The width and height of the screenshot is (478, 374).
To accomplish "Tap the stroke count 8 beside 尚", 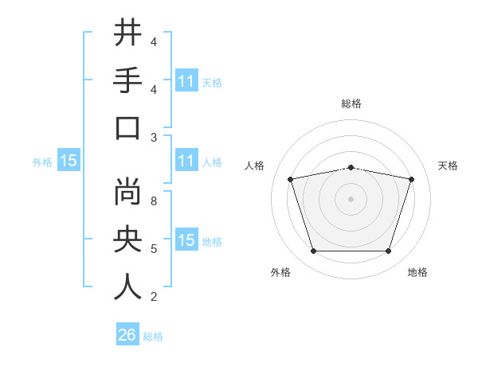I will coord(154,201).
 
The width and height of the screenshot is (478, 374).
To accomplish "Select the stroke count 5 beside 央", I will coord(154,249).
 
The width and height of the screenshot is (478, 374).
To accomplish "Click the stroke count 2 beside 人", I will coord(154,297).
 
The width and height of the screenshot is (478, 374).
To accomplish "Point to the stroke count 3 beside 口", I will coord(154,137).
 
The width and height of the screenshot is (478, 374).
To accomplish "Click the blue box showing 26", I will coord(127,335).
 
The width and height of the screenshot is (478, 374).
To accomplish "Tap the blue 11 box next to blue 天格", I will coord(186,80).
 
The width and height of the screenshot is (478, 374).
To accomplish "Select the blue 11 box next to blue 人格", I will coord(186,161).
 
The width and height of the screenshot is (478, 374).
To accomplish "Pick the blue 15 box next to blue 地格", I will coord(186,240).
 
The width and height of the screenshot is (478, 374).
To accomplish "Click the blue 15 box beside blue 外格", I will coord(69,161).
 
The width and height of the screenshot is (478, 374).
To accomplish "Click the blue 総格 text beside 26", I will coord(153,337).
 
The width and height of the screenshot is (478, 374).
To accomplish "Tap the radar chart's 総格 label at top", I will coord(351,103).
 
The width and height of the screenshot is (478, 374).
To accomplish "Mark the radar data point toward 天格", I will coord(411,180).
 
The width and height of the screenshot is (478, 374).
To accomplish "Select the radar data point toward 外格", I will coord(313,251).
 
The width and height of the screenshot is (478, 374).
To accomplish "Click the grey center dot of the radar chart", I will coord(351,199).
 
